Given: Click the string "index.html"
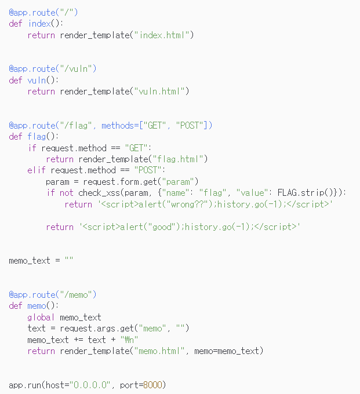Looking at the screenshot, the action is coord(163,35).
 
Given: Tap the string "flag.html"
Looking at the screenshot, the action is coord(179,159).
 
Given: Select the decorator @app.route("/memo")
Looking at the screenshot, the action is coord(52,294).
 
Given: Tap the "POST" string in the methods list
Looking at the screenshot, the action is coord(192,125).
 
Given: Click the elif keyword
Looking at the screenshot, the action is coord(37,170).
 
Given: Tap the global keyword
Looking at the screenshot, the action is coord(41,317).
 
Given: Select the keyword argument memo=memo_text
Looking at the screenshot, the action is coord(230,351).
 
